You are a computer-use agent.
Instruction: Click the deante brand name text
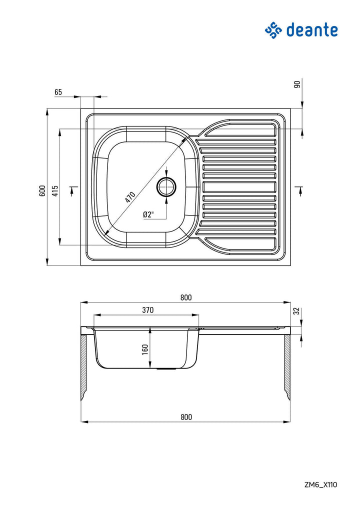(312, 30)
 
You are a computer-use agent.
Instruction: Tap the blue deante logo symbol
(273, 30)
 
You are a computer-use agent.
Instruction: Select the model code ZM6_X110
(320, 484)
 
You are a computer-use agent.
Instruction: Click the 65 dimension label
(58, 92)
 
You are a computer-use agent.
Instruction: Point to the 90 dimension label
(297, 84)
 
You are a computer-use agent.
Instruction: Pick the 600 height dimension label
(42, 190)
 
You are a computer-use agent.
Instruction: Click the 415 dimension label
(55, 190)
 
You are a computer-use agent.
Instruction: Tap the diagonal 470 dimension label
(130, 197)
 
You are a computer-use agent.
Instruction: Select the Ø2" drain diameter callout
(148, 214)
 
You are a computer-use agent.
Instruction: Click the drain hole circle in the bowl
(166, 187)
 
